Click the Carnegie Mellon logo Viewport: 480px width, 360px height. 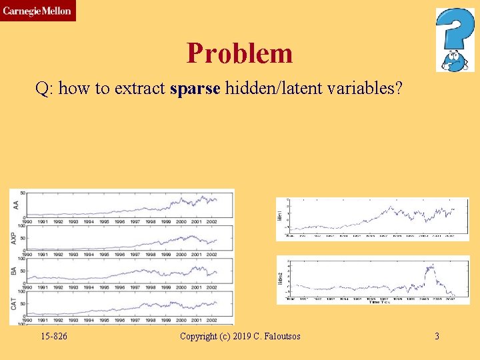37,11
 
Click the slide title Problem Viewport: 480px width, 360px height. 239,53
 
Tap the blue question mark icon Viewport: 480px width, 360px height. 455,39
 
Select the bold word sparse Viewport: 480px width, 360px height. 195,89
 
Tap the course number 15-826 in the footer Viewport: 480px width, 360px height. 53,336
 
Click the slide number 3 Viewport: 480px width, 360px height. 437,336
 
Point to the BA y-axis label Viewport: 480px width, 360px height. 15,271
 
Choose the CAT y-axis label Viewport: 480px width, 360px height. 15,303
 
